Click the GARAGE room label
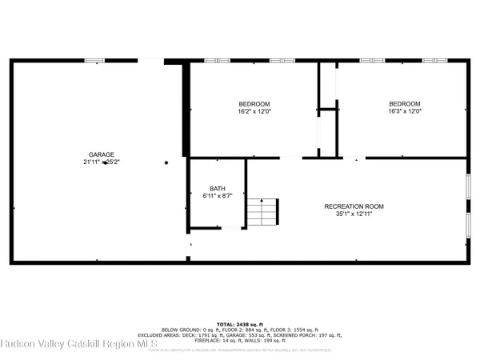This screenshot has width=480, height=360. (x=102, y=154)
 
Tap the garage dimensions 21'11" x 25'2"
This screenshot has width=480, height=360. (x=102, y=162)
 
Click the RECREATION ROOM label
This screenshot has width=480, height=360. (x=354, y=206)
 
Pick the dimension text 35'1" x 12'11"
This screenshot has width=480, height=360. (x=354, y=214)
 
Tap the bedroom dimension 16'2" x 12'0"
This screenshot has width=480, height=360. (x=254, y=112)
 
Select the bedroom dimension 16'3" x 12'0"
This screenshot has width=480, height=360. (x=404, y=112)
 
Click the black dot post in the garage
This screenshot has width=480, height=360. (x=166, y=162)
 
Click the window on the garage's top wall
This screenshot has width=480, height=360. (x=95, y=60)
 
